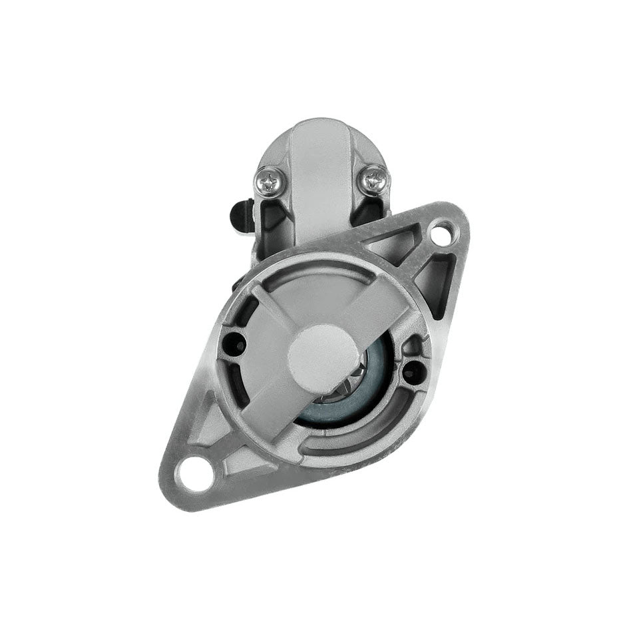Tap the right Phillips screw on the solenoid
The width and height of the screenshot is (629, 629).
(374, 178)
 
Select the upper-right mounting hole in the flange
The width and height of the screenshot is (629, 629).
(440, 234)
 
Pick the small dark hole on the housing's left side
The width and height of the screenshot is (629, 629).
(235, 343)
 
